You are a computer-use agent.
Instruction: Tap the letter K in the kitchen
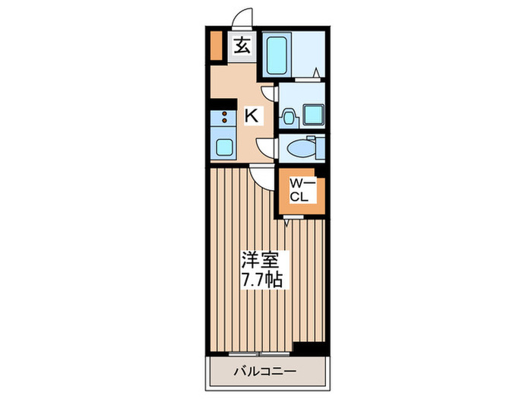click(251, 116)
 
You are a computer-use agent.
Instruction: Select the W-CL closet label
click(302, 189)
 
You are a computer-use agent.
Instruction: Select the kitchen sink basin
click(223, 146)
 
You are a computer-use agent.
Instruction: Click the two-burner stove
click(223, 118)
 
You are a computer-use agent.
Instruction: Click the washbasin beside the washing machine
click(289, 116)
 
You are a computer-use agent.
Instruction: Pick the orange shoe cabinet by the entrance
click(217, 46)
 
